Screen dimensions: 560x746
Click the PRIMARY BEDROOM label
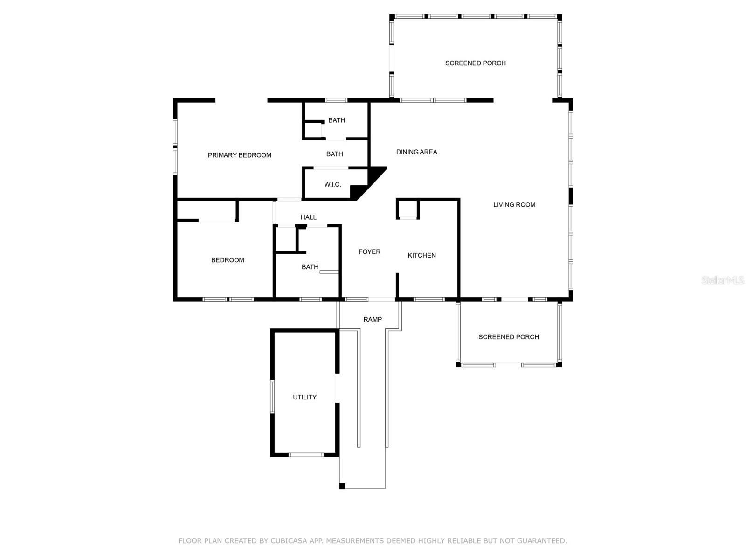[x=239, y=155]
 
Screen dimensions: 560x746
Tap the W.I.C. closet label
[x=332, y=185]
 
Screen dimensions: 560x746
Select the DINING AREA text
[x=416, y=152]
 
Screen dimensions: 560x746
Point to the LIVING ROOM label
[x=514, y=205]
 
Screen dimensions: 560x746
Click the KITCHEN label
[x=421, y=256]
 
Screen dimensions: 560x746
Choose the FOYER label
[x=369, y=252]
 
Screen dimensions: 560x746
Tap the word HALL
[x=308, y=217]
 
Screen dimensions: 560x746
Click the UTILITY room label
[x=304, y=398]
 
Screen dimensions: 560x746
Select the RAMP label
[x=373, y=320]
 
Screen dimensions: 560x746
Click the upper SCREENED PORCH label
[x=475, y=63]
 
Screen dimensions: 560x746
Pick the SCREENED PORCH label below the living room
[x=508, y=337]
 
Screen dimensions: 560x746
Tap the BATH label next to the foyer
[x=310, y=267]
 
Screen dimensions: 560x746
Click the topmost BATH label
[x=336, y=120]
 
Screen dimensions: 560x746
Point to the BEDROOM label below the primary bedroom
[x=228, y=260]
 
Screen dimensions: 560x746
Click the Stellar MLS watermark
[x=722, y=280]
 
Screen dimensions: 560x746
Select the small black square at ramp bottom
[x=342, y=486]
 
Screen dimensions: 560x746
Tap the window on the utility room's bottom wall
[x=305, y=455]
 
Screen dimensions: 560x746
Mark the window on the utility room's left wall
[x=272, y=397]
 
